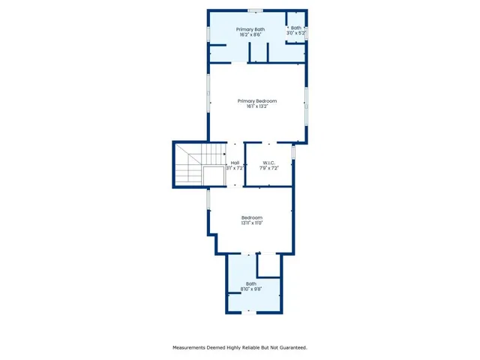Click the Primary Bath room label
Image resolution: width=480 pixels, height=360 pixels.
point(250,29)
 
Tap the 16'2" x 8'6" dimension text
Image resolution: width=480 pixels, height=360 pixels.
point(250,35)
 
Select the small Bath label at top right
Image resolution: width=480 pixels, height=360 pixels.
point(296,28)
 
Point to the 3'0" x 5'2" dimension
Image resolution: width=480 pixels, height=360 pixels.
point(296,34)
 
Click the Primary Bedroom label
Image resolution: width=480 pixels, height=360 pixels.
point(257,100)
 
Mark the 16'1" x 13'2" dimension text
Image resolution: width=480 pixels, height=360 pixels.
point(257,106)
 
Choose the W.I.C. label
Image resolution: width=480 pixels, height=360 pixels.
point(269,163)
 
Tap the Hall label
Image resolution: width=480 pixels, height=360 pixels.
point(235,163)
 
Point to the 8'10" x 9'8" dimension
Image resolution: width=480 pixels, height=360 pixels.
point(251,289)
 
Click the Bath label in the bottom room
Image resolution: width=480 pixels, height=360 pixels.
point(251,283)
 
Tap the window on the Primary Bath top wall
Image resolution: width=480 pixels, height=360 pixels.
point(256,10)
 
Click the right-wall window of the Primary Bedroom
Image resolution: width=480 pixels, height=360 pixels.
point(305,105)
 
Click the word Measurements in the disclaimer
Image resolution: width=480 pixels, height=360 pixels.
point(193,347)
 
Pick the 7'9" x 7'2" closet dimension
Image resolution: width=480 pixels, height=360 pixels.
point(269,169)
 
